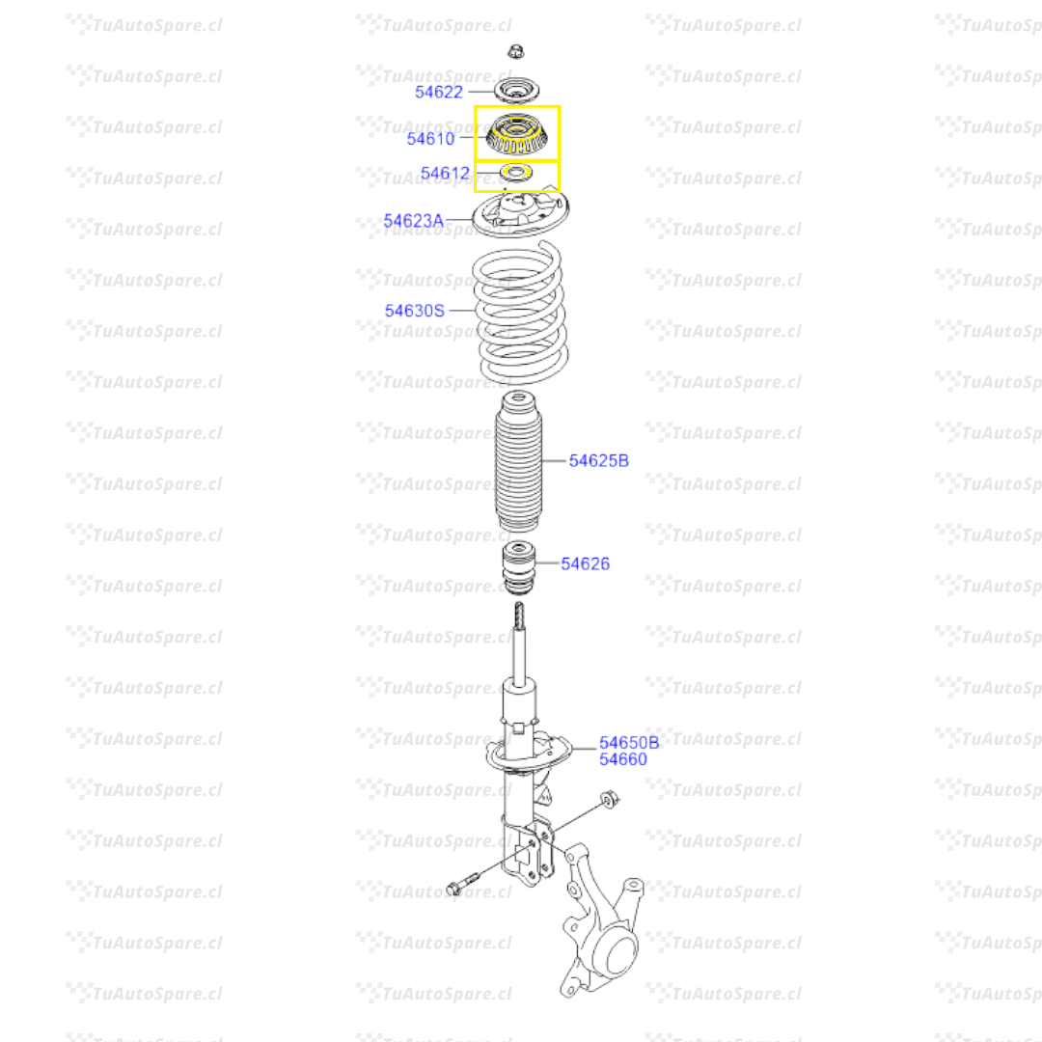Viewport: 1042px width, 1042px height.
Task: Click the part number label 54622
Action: [x=439, y=93]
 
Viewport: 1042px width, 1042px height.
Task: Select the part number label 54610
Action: [x=430, y=139]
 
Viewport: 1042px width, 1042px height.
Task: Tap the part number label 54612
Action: [x=445, y=175]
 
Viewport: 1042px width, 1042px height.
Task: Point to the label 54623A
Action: [x=413, y=222]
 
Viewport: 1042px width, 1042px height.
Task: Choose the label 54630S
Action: [x=415, y=311]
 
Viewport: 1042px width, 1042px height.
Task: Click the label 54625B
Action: [x=598, y=461]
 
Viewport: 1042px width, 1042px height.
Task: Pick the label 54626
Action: [x=586, y=563]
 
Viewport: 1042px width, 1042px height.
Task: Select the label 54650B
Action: [x=629, y=743]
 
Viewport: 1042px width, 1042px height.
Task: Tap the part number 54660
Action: [x=623, y=760]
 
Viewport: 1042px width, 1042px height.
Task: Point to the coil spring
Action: [x=521, y=314]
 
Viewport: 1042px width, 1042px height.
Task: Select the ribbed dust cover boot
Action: [x=519, y=463]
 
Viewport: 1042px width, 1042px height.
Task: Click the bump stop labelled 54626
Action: [x=518, y=571]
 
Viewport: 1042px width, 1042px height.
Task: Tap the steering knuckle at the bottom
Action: [x=603, y=926]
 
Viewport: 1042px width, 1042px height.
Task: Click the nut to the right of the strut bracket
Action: [x=609, y=799]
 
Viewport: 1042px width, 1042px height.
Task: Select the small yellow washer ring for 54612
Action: [x=517, y=174]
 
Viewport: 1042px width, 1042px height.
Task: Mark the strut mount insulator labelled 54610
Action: [x=517, y=136]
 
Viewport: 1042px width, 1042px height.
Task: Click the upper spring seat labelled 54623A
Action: [x=521, y=215]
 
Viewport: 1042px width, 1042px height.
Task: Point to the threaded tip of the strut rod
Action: [x=519, y=614]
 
